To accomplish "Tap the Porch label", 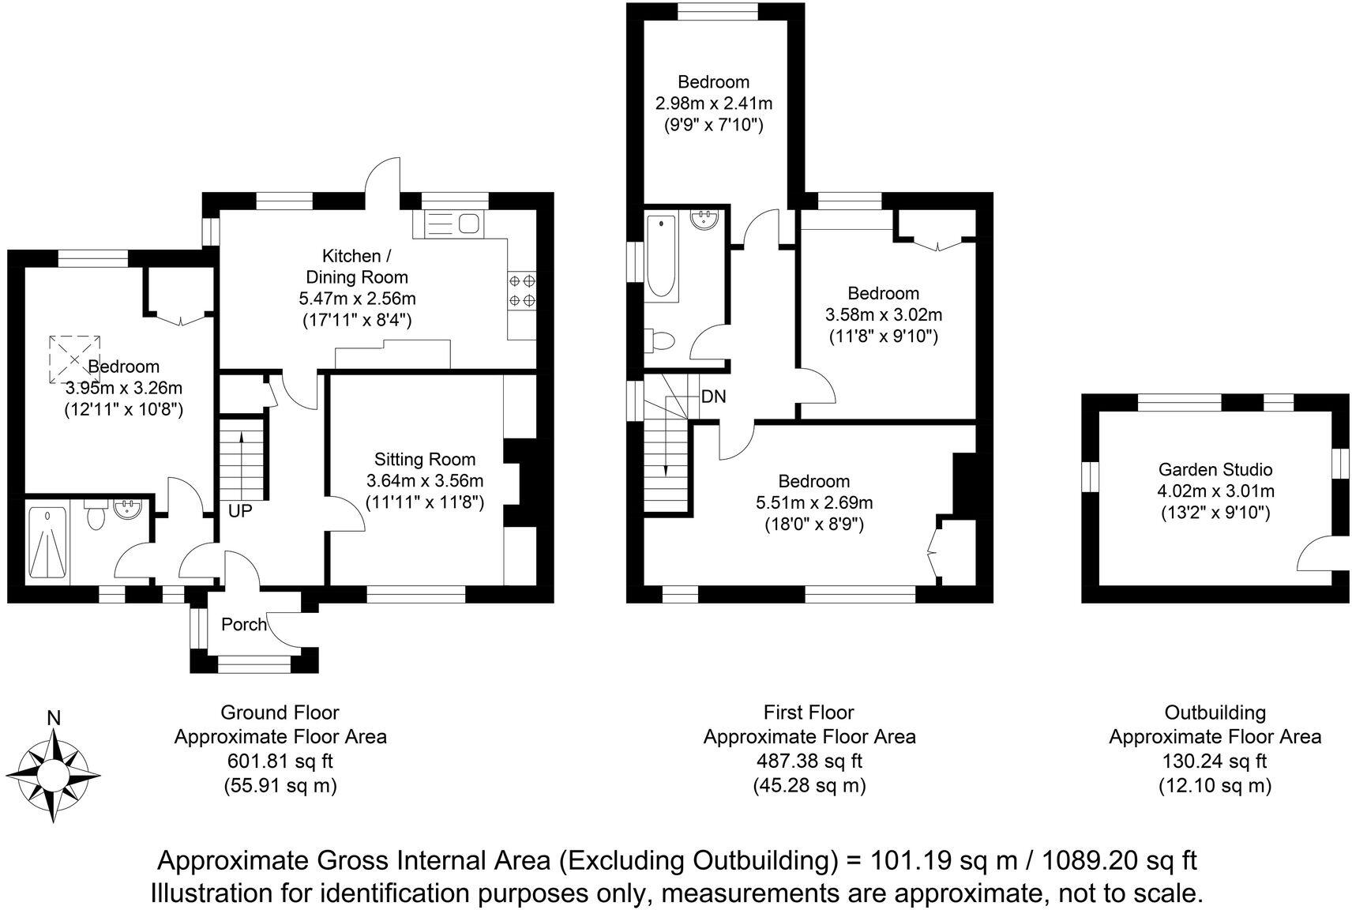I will (x=244, y=625).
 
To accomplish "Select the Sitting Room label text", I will (x=425, y=460).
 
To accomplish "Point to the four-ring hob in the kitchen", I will (x=521, y=290).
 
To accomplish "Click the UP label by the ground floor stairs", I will (x=240, y=512).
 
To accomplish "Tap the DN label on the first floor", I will (x=713, y=397).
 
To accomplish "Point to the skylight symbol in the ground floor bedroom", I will (x=75, y=359).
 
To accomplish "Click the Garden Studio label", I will (x=1215, y=470).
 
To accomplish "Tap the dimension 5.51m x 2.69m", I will (x=814, y=502).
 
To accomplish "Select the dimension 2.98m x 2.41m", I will (x=714, y=103).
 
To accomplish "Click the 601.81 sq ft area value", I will (x=280, y=761).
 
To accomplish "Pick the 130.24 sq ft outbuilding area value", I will (x=1214, y=761).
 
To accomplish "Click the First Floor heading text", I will (x=809, y=713).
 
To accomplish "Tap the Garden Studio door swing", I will (x=1315, y=553).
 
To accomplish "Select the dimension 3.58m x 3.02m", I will (x=884, y=314).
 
